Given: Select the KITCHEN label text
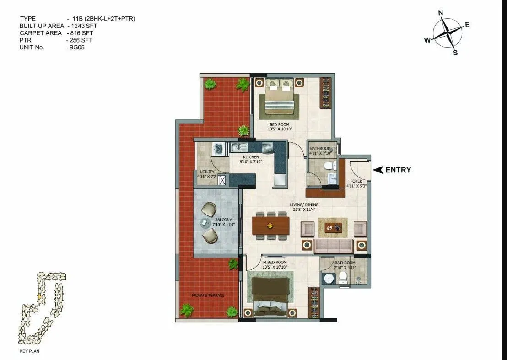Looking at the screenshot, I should [x=251, y=157].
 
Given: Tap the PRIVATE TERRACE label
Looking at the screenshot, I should [x=208, y=295].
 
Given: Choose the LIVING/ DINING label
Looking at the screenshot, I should [x=304, y=205].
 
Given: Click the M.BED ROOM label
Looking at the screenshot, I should [x=275, y=263].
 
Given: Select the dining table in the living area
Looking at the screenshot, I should [x=271, y=225].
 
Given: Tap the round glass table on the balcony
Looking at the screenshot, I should [x=204, y=223].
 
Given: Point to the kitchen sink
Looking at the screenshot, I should [x=239, y=147].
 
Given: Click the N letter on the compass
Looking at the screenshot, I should [x=441, y=13].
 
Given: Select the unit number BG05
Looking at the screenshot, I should [x=75, y=48].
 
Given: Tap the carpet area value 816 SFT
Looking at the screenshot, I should [x=81, y=33].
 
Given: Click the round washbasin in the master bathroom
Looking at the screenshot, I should [x=328, y=278].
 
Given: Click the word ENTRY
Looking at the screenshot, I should [x=398, y=170].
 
